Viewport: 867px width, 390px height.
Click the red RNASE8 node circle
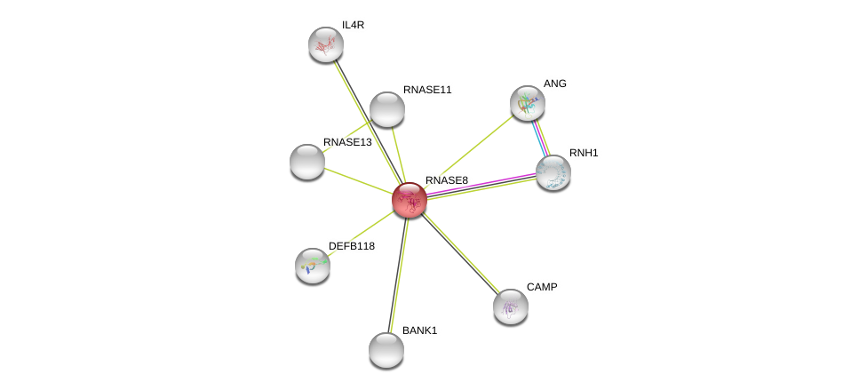(410, 200)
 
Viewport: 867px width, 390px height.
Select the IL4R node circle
(326, 44)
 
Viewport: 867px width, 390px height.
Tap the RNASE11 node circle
(387, 109)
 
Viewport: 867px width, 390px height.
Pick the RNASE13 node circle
(307, 162)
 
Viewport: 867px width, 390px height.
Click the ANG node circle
(528, 103)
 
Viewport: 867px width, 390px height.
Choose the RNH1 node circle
(553, 172)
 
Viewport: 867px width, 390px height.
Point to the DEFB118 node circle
(313, 266)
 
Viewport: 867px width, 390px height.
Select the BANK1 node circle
(386, 350)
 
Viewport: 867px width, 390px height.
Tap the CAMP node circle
(511, 306)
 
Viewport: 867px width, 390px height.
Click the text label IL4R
(353, 25)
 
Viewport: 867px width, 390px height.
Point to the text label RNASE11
(427, 90)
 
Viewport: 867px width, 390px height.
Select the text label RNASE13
(347, 142)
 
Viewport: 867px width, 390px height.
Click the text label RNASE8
(446, 180)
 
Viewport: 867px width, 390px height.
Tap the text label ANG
(555, 84)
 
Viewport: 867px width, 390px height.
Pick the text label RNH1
(584, 153)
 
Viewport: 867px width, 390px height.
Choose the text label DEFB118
(352, 246)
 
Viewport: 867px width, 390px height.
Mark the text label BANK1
(419, 330)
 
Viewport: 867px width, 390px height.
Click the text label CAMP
(542, 287)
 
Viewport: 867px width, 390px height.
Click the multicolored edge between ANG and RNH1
(541, 138)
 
